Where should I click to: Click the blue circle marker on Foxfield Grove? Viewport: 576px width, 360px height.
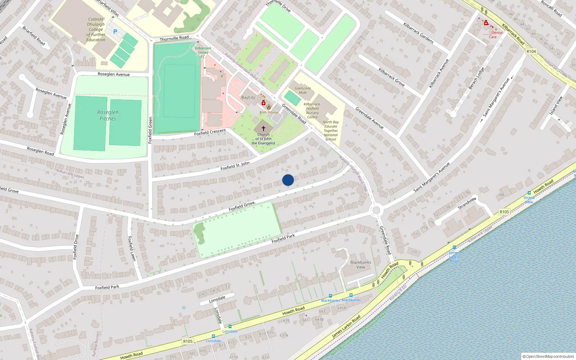pyautogui.click(x=288, y=180)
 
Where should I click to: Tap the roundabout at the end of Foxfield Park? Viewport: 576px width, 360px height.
pyautogui.click(x=376, y=210)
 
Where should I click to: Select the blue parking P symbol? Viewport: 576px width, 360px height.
pyautogui.click(x=115, y=32)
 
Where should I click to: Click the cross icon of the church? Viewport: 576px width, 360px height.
pyautogui.click(x=264, y=129)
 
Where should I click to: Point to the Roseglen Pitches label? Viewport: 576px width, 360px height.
pyautogui.click(x=108, y=115)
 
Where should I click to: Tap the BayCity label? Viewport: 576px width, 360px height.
pyautogui.click(x=248, y=98)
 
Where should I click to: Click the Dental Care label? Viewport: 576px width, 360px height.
pyautogui.click(x=495, y=35)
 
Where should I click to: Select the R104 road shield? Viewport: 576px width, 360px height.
pyautogui.click(x=531, y=51)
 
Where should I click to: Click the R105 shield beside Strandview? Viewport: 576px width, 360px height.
pyautogui.click(x=504, y=212)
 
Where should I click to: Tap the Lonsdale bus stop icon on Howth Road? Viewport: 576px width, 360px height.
pyautogui.click(x=230, y=327)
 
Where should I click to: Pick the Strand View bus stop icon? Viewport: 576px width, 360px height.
pyautogui.click(x=529, y=193)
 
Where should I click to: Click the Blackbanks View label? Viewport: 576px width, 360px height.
pyautogui.click(x=360, y=265)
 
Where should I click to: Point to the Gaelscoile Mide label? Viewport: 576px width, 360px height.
pyautogui.click(x=303, y=90)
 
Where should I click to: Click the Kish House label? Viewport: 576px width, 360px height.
pyautogui.click(x=269, y=112)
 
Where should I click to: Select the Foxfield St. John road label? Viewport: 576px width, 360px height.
pyautogui.click(x=235, y=166)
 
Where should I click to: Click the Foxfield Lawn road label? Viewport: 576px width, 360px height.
pyautogui.click(x=132, y=248)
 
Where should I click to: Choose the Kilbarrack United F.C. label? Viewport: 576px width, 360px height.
pyautogui.click(x=203, y=52)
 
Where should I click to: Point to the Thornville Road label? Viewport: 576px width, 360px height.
pyautogui.click(x=174, y=38)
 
